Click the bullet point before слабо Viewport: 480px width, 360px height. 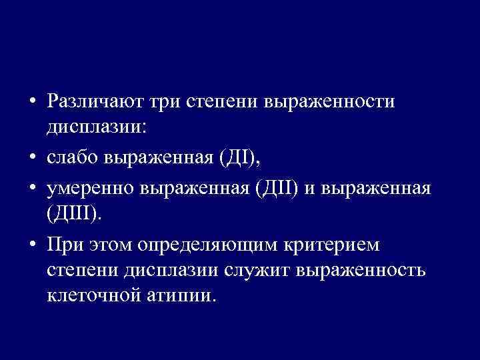(31, 160)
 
